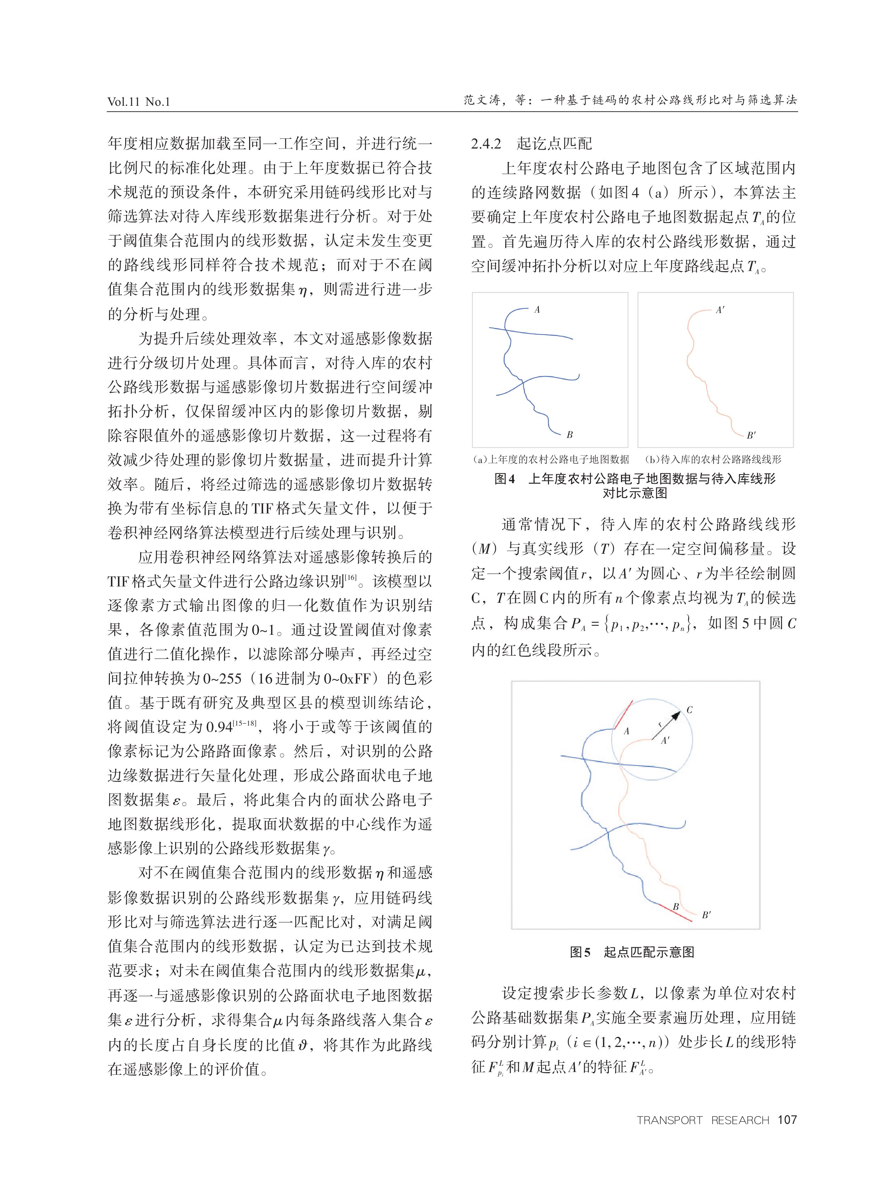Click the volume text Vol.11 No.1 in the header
[x=138, y=101]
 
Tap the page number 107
[x=787, y=1120]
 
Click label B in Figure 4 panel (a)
[x=569, y=434]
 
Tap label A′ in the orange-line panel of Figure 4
[x=720, y=310]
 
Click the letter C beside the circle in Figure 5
[x=689, y=710]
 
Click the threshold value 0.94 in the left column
[x=219, y=727]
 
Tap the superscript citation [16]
[x=351, y=578]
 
